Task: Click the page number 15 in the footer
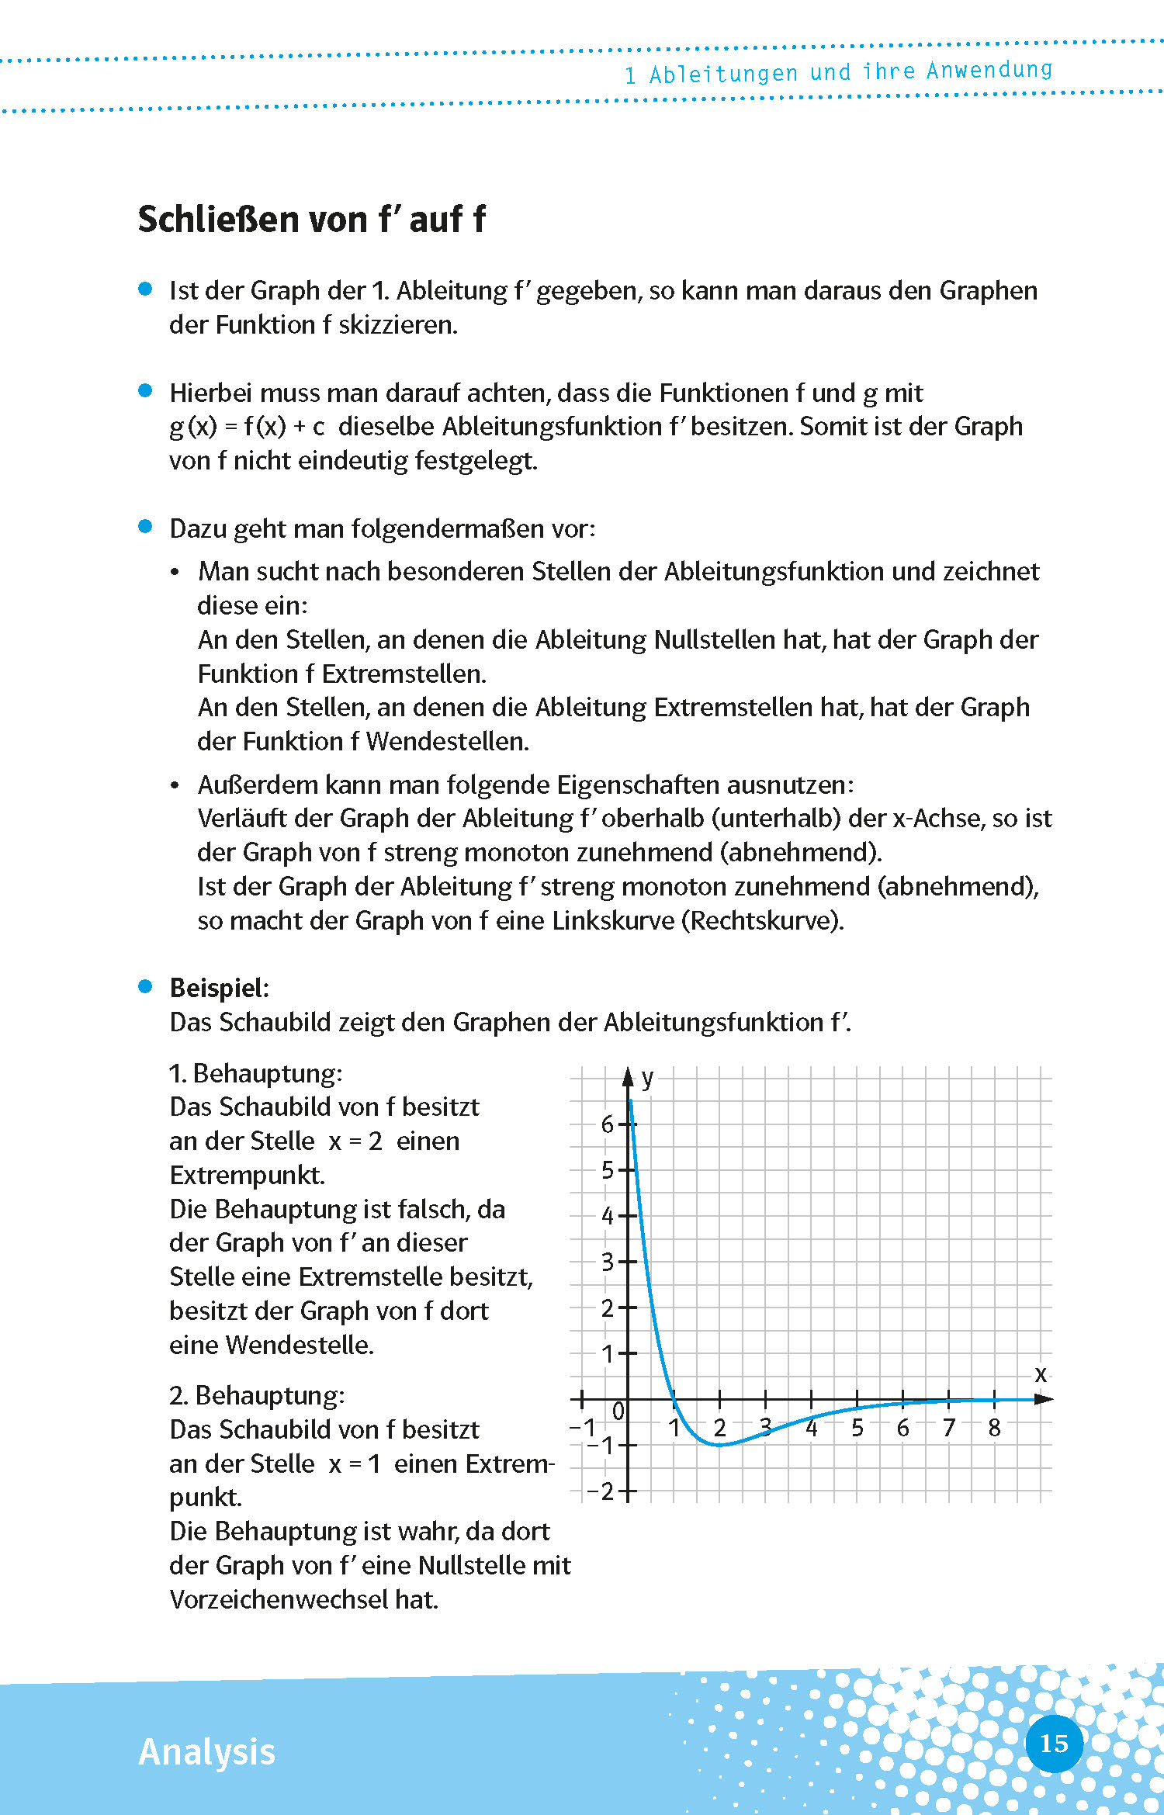click(1053, 1744)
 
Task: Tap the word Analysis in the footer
click(206, 1752)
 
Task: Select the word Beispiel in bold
click(218, 988)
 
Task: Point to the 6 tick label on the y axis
click(608, 1124)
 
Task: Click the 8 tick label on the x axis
click(994, 1428)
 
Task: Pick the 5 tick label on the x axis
click(857, 1428)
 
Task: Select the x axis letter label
click(1041, 1374)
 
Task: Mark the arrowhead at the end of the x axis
click(1044, 1399)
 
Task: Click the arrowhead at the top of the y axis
click(629, 1076)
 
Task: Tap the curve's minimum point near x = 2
click(719, 1445)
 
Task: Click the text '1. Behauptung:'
click(255, 1073)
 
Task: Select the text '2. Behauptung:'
click(257, 1395)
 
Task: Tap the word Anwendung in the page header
click(989, 71)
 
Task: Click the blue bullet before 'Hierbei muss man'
click(145, 390)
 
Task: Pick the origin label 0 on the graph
click(618, 1411)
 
